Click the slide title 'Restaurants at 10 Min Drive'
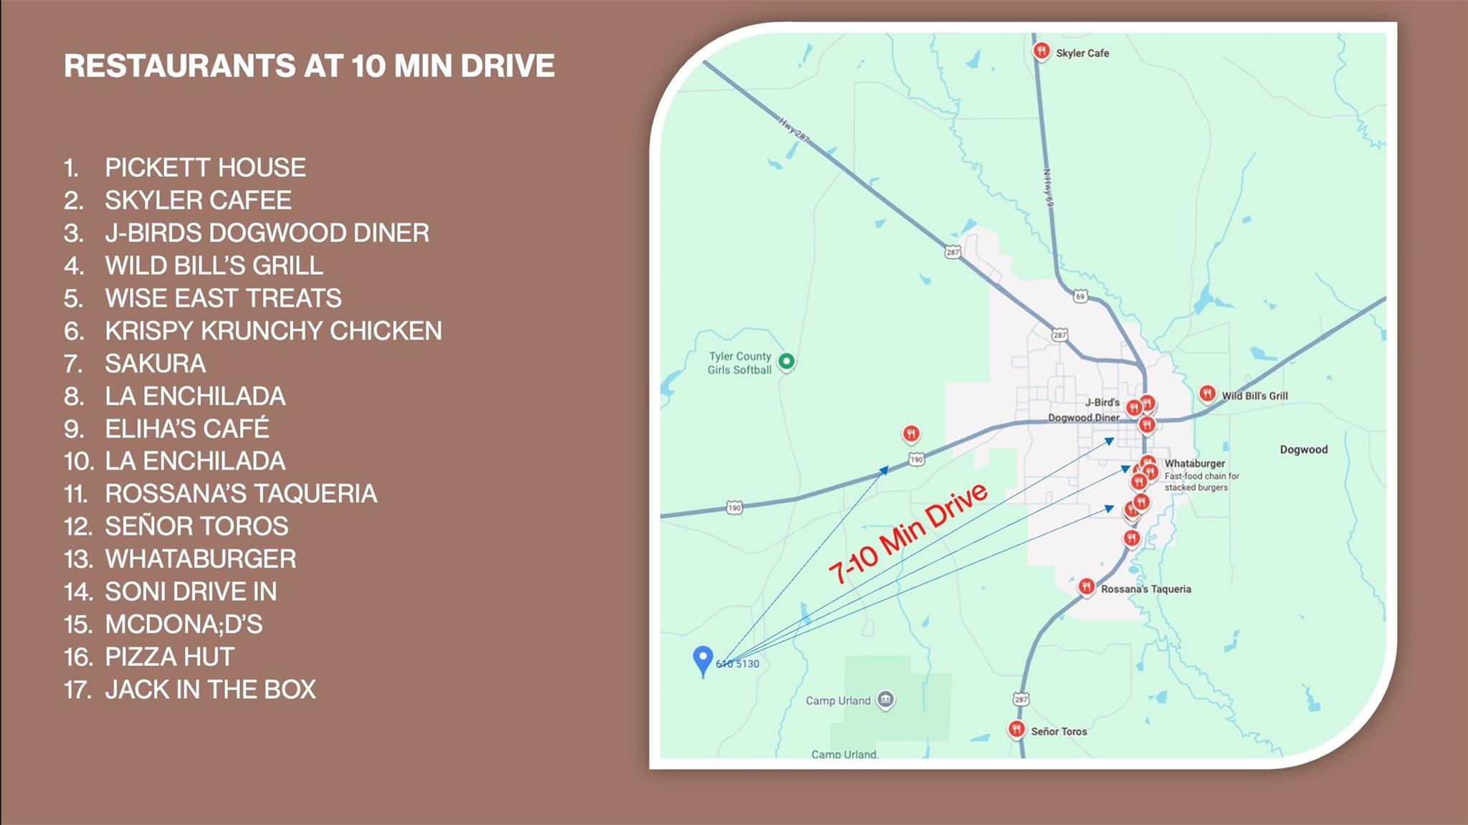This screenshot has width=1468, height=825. click(309, 66)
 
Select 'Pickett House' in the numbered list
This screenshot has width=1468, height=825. click(205, 168)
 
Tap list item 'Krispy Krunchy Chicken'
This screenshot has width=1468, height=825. click(273, 331)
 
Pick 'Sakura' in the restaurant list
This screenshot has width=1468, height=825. click(155, 364)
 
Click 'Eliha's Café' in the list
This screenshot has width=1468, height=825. click(187, 429)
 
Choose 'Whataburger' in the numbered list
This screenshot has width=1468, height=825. click(200, 559)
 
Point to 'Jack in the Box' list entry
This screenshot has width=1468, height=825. click(210, 690)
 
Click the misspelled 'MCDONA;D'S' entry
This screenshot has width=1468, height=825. click(183, 624)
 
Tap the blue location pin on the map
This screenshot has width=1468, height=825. click(702, 659)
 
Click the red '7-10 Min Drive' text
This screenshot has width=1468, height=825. click(907, 533)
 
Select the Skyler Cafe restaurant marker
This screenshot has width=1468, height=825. click(1041, 51)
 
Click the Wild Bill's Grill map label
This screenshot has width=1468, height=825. click(1254, 396)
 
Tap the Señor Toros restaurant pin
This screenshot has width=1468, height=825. click(1016, 730)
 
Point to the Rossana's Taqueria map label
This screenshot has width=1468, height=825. click(1145, 589)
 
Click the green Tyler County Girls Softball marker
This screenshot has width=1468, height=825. click(786, 361)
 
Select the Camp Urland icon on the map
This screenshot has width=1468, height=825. click(886, 699)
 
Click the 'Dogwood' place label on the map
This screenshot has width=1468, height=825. click(1303, 449)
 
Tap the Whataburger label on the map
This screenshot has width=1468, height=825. click(1194, 464)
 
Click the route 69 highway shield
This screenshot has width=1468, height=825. click(1080, 296)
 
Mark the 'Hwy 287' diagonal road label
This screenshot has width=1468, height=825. click(794, 130)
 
